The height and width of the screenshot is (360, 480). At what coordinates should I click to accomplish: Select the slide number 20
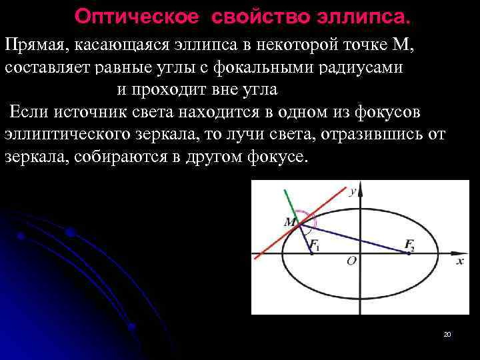tap(447, 334)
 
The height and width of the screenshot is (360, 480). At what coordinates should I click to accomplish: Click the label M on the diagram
tap(289, 222)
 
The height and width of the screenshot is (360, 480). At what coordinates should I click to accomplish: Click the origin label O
tap(351, 261)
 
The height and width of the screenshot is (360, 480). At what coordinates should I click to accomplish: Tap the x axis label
tap(460, 261)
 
